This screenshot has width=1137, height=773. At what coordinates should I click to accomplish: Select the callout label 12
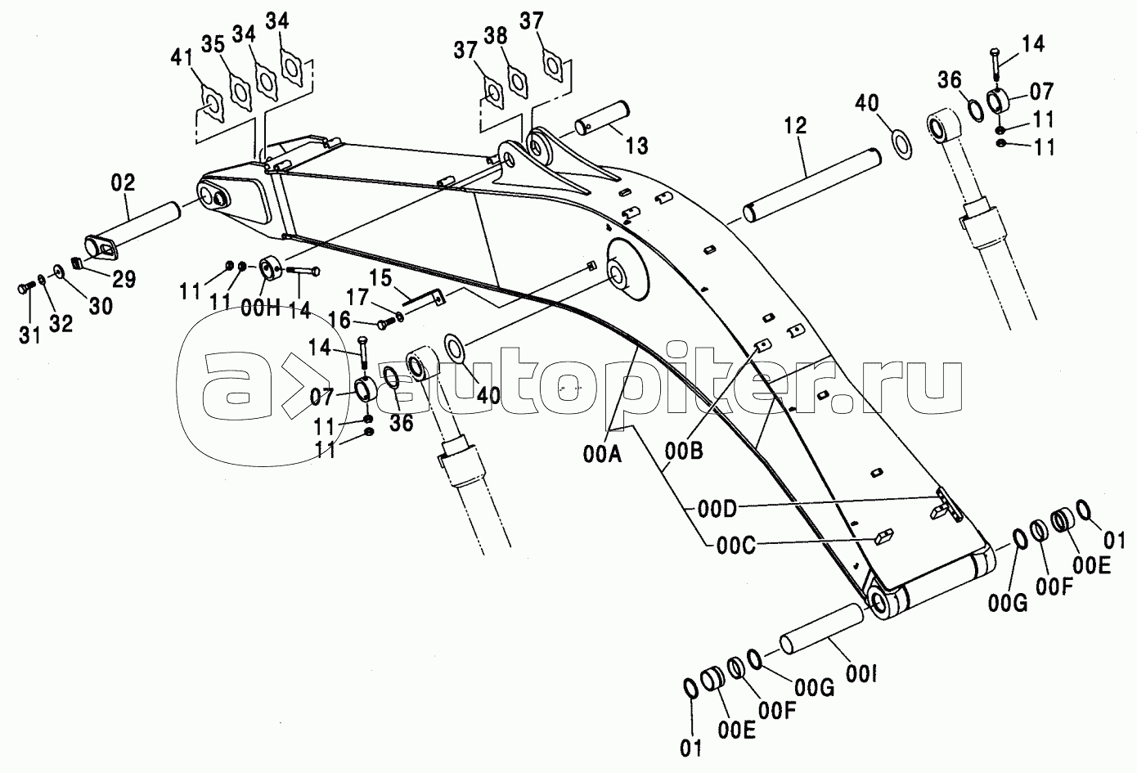pos(795,125)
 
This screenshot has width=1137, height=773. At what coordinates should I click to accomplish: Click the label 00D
pos(717,510)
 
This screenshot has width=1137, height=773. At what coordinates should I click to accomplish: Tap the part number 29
pos(124,280)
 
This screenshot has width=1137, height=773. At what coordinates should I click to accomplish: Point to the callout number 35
pos(213,45)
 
